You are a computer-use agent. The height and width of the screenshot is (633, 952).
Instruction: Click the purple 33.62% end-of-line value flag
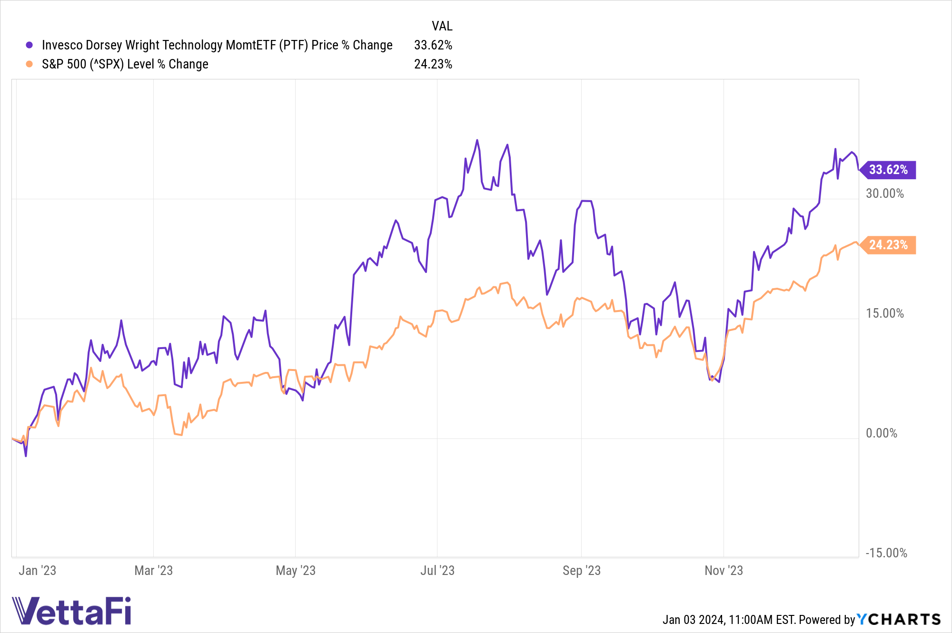[888, 170]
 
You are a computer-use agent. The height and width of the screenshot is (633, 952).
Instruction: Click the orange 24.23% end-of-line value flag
[888, 245]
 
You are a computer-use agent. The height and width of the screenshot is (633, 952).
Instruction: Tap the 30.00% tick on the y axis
[884, 194]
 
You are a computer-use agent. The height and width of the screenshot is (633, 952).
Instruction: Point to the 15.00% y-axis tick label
[884, 313]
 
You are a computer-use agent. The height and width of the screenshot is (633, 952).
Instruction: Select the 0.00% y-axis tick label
[881, 433]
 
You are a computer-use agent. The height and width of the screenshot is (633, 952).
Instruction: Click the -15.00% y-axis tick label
[886, 553]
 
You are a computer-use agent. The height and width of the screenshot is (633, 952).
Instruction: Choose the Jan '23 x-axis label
[37, 571]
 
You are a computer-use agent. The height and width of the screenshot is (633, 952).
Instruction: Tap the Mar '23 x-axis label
[153, 571]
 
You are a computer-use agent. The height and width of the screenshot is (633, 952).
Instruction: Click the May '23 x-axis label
[296, 571]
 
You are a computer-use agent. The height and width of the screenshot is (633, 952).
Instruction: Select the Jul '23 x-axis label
[437, 571]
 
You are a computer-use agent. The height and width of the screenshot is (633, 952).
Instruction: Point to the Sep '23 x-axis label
[581, 571]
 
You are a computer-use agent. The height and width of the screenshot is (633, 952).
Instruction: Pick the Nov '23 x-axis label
[724, 571]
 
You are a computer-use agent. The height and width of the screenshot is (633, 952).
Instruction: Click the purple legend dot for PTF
[30, 45]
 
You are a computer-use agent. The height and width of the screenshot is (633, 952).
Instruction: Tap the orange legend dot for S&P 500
[30, 64]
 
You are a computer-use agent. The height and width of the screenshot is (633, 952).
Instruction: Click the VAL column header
[442, 26]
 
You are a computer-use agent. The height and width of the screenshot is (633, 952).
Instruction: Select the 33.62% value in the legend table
[433, 45]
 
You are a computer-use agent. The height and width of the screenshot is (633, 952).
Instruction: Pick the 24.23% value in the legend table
[433, 64]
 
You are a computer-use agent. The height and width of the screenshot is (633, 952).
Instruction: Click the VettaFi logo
[71, 611]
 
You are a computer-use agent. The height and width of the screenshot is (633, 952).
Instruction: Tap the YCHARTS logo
[899, 619]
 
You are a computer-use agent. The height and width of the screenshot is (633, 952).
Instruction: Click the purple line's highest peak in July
[477, 140]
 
